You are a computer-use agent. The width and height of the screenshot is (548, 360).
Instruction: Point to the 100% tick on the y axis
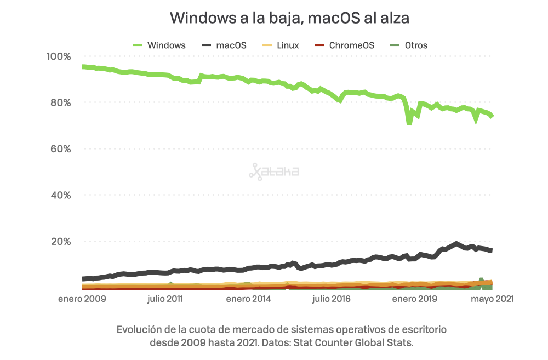(59, 56)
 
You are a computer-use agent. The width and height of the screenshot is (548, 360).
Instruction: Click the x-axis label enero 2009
(82, 299)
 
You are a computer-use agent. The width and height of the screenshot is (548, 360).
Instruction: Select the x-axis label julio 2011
(165, 299)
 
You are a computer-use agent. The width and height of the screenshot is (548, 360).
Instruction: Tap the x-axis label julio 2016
(331, 299)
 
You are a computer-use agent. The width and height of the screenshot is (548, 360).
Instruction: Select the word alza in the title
(394, 18)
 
